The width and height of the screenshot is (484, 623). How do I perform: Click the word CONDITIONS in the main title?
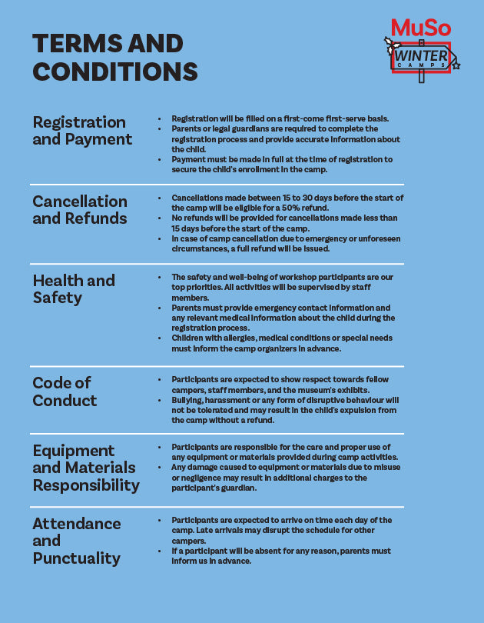pyautogui.click(x=115, y=72)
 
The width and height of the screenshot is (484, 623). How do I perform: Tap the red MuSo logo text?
pyautogui.click(x=421, y=28)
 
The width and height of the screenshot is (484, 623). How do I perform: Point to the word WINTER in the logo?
pyautogui.click(x=421, y=56)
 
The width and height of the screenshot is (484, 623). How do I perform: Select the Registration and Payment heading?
pyautogui.click(x=81, y=131)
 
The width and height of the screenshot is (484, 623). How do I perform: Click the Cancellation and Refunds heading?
pyautogui.click(x=80, y=210)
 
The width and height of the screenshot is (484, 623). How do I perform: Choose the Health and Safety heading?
pyautogui.click(x=74, y=288)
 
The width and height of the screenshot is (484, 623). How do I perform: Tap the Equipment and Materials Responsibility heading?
pyautogui.click(x=85, y=468)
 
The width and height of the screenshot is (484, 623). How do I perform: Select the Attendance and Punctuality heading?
pyautogui.click(x=77, y=540)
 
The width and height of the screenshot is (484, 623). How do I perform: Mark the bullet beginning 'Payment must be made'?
pyautogui.click(x=281, y=164)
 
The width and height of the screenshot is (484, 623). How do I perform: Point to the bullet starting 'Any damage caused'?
pyautogui.click(x=284, y=478)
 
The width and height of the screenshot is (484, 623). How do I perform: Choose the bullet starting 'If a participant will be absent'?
pyautogui.click(x=280, y=555)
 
